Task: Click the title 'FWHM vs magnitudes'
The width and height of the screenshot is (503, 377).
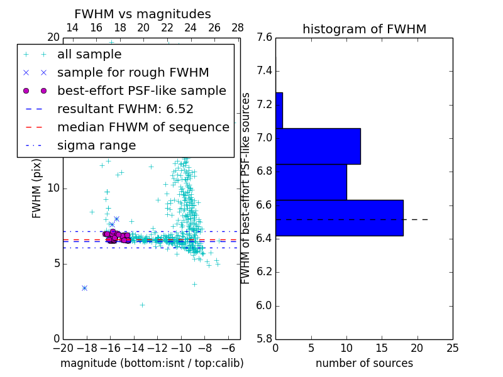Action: (x=143, y=14)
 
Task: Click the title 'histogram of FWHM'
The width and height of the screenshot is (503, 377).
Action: (x=364, y=30)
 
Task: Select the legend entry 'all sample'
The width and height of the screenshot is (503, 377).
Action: (x=89, y=55)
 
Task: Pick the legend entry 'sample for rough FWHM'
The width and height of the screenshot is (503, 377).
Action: (x=133, y=73)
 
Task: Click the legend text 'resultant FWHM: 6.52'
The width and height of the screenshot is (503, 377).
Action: (x=125, y=109)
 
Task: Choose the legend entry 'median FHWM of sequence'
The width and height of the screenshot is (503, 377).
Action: (x=143, y=128)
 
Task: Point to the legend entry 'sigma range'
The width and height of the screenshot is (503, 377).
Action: (x=96, y=146)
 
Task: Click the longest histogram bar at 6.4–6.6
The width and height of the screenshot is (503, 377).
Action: (x=339, y=218)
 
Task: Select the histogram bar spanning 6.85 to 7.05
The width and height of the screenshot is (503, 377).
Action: (x=318, y=146)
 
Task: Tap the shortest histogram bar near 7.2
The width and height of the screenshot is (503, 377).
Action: (x=279, y=111)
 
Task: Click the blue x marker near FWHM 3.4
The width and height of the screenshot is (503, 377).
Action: (x=84, y=288)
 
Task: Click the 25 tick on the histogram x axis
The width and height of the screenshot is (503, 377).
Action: (x=453, y=347)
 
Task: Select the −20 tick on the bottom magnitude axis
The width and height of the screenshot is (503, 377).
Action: (x=63, y=347)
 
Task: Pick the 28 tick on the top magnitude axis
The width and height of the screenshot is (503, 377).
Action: (x=238, y=28)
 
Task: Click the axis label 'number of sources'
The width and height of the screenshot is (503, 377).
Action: (x=364, y=363)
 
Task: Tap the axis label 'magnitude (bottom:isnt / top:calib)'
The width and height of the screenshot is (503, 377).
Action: (x=152, y=363)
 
